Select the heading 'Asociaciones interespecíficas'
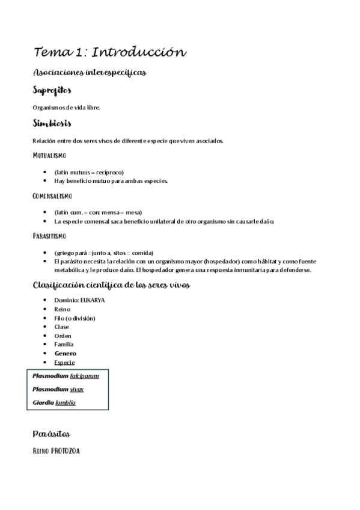pyautogui.click(x=90, y=73)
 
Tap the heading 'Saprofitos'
pyautogui.click(x=52, y=91)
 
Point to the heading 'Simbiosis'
pyautogui.click(x=52, y=124)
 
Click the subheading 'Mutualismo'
pyautogui.click(x=53, y=156)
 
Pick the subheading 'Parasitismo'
pyautogui.click(x=50, y=236)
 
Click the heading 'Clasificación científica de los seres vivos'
pyautogui.click(x=111, y=284)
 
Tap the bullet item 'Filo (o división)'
pyautogui.click(x=75, y=318)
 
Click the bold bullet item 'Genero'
pyautogui.click(x=65, y=354)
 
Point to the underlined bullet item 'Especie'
pyautogui.click(x=64, y=363)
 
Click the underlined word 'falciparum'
pyautogui.click(x=84, y=376)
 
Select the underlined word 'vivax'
pyautogui.click(x=77, y=389)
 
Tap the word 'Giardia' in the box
pyautogui.click(x=43, y=402)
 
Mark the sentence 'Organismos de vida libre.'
pyautogui.click(x=66, y=108)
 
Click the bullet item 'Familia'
pyautogui.click(x=64, y=345)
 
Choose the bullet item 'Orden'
pyautogui.click(x=63, y=336)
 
